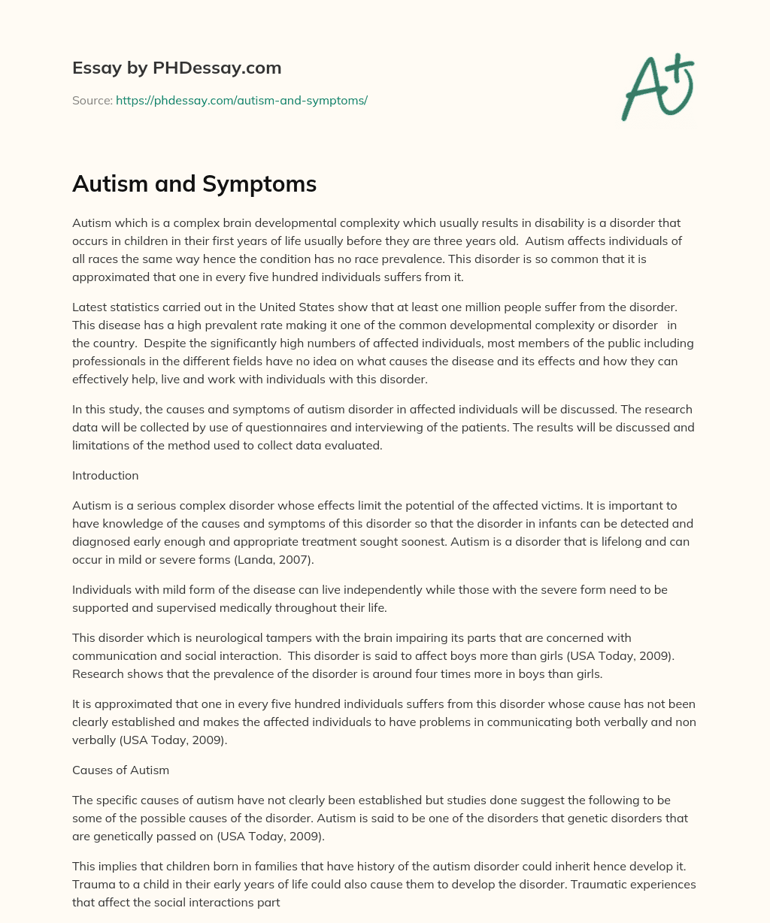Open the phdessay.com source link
pyautogui.click(x=241, y=100)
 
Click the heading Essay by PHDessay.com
pyautogui.click(x=177, y=68)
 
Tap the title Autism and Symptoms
pyautogui.click(x=194, y=183)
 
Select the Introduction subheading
pyautogui.click(x=105, y=475)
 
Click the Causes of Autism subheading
pyautogui.click(x=120, y=770)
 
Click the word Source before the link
pyautogui.click(x=92, y=100)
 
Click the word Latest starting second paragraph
pyautogui.click(x=90, y=307)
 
